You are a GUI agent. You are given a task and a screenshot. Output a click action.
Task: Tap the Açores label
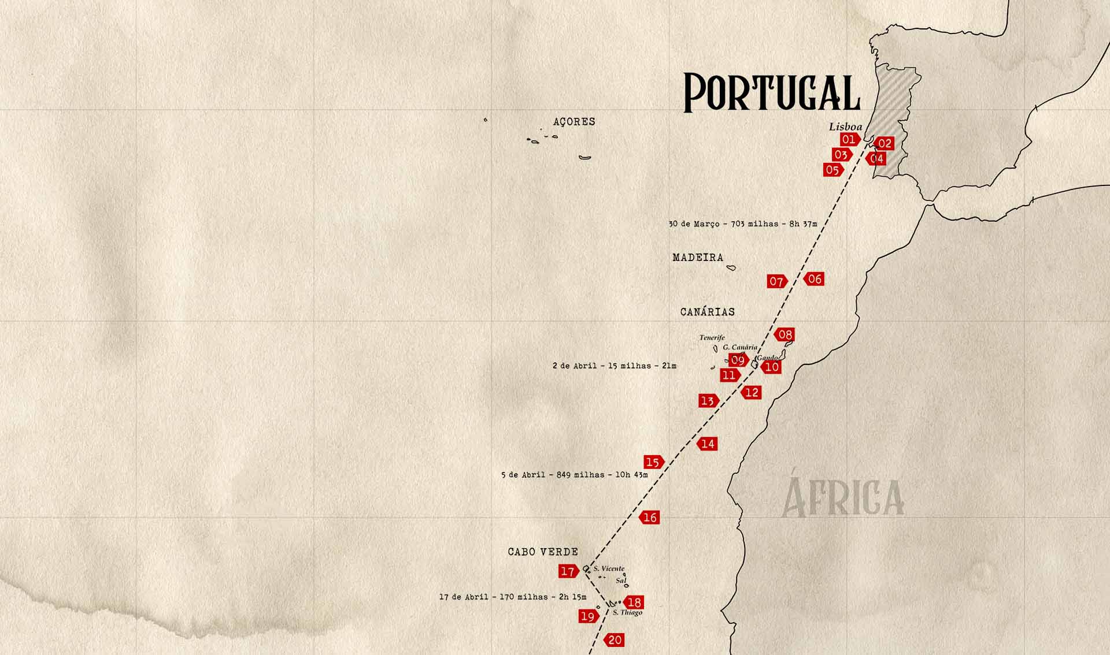click(574, 122)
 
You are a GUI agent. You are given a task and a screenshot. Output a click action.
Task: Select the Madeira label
click(698, 258)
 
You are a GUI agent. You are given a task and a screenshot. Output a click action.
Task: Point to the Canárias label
click(707, 312)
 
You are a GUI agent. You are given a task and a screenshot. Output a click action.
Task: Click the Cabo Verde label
click(543, 552)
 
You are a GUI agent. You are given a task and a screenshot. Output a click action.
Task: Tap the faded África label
click(842, 497)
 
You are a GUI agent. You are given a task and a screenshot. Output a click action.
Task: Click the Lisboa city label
click(845, 127)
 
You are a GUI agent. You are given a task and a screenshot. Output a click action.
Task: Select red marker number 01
click(848, 139)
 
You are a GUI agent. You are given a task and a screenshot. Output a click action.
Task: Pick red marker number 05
click(832, 170)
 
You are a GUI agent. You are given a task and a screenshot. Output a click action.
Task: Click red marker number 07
click(776, 282)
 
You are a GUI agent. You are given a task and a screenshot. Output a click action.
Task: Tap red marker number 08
click(785, 334)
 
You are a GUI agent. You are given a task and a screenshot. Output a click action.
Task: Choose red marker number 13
click(708, 401)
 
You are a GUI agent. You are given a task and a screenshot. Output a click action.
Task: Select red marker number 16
click(650, 518)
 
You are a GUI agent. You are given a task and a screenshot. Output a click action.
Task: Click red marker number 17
click(568, 571)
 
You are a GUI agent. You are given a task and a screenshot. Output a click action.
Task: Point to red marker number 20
click(615, 640)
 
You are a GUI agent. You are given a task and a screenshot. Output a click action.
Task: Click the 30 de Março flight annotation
click(742, 224)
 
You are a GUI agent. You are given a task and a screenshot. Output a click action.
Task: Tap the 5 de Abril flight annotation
click(574, 475)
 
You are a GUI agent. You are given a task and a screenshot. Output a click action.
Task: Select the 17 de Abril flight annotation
click(512, 597)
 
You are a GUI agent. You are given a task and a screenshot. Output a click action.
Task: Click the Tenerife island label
click(712, 338)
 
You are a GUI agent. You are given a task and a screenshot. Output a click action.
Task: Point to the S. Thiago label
click(627, 613)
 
